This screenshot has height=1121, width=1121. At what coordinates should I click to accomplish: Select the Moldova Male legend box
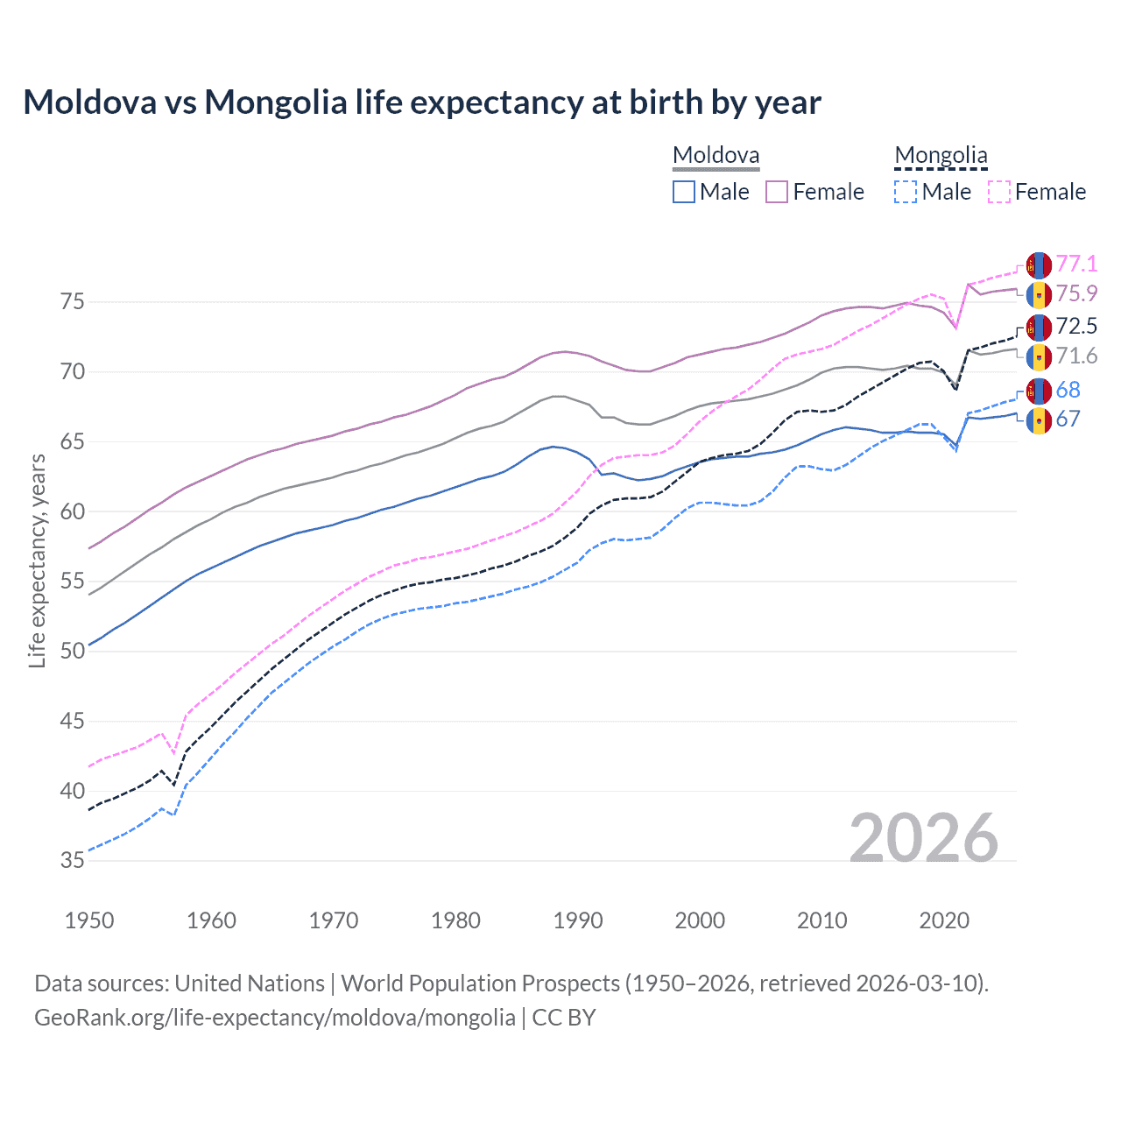(684, 192)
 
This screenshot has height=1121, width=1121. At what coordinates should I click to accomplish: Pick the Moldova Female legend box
(777, 192)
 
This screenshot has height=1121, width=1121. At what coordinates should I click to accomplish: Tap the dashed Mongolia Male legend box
(906, 192)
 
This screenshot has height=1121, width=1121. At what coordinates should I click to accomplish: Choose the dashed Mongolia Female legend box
(999, 192)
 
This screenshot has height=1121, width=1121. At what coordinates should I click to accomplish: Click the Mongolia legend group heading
(941, 156)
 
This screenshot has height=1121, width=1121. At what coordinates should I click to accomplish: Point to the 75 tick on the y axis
(72, 302)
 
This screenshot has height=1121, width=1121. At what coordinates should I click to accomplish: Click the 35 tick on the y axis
(72, 861)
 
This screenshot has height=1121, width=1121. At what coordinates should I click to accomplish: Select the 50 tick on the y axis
(72, 652)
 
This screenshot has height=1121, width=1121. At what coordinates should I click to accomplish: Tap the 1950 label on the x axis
(89, 920)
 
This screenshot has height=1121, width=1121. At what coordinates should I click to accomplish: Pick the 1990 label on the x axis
(578, 920)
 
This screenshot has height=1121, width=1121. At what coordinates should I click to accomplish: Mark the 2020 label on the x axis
(944, 920)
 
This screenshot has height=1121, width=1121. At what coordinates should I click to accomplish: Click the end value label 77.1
(1076, 264)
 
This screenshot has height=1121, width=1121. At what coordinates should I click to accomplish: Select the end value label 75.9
(1076, 293)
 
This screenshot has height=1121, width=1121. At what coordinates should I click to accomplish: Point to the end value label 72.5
(1076, 327)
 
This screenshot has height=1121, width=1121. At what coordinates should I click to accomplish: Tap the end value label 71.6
(1076, 356)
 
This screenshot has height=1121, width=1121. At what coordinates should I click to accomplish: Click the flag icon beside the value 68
(1039, 391)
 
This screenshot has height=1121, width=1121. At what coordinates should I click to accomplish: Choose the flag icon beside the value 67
(1039, 419)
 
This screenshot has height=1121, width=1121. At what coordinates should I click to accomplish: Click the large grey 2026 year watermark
(923, 838)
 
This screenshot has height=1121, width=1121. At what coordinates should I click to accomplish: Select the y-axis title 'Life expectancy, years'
(38, 560)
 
